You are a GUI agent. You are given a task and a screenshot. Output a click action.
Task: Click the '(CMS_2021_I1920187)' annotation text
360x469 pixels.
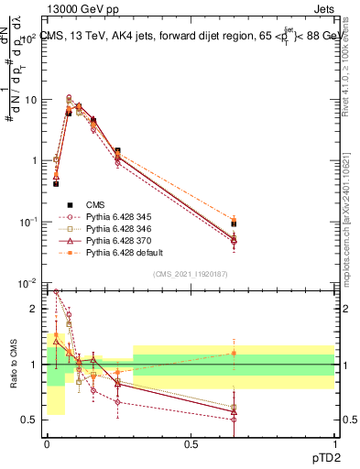(x=191, y=274)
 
